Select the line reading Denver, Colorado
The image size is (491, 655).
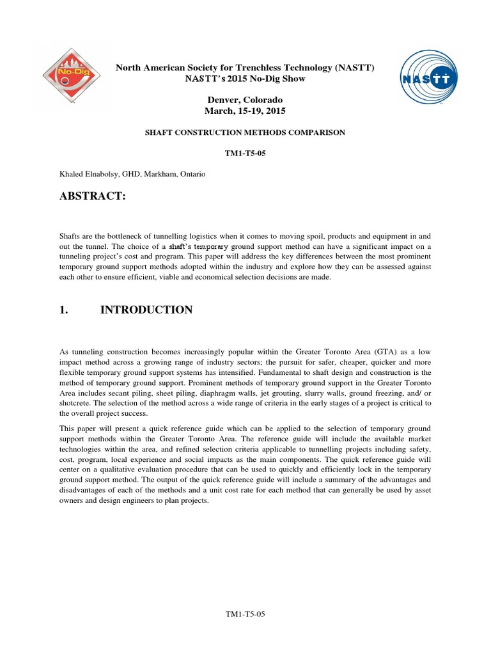tap(245, 100)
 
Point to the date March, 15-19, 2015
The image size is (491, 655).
tap(245, 111)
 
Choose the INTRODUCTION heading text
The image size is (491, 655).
tap(146, 310)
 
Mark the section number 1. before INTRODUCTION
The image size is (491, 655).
tap(63, 310)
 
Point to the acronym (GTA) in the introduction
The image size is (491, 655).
tap(397, 352)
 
